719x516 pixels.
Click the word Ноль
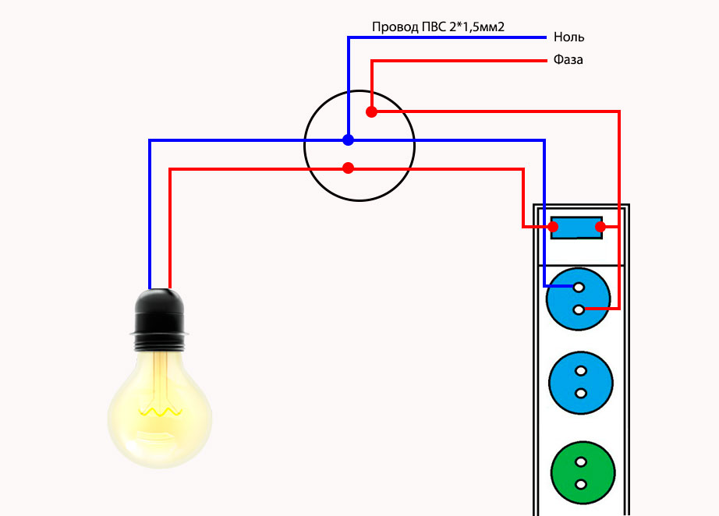click(x=568, y=37)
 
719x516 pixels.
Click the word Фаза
click(x=568, y=59)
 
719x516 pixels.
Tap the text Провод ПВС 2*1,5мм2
click(x=438, y=27)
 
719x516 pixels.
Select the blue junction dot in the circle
click(x=348, y=140)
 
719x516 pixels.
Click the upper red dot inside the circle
click(x=372, y=112)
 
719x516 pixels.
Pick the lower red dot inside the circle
click(x=348, y=168)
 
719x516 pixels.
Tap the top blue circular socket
click(x=579, y=299)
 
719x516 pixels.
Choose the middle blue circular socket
click(x=579, y=383)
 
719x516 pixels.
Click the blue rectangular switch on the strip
click(x=577, y=227)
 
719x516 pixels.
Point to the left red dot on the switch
click(x=554, y=227)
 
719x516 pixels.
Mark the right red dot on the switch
click(x=600, y=227)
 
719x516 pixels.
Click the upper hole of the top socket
click(x=579, y=287)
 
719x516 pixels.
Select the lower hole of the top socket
click(x=579, y=310)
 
